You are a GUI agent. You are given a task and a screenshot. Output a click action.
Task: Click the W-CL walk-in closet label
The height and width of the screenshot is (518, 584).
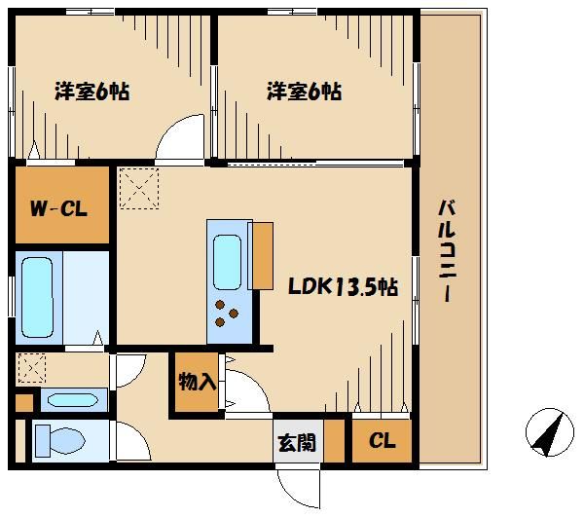click(61, 208)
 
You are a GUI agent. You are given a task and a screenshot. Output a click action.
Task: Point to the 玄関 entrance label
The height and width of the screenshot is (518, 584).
click(297, 443)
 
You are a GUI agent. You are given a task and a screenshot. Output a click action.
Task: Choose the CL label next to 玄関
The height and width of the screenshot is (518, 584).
click(382, 442)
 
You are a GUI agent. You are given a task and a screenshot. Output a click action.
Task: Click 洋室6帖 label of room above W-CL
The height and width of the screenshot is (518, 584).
click(91, 92)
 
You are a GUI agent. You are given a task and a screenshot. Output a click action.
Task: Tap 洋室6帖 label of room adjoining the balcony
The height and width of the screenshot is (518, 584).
click(304, 92)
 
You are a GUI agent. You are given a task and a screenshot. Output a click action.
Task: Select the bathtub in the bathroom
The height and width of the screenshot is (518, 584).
click(40, 298)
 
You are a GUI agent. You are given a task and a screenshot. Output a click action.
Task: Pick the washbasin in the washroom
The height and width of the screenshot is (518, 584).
click(73, 399)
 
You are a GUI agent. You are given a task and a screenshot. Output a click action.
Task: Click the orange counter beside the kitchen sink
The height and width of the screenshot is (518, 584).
click(261, 256)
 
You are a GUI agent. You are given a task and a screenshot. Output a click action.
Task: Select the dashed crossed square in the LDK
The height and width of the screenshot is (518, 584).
click(138, 187)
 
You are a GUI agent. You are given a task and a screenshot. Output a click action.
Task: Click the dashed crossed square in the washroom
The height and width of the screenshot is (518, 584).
click(32, 368)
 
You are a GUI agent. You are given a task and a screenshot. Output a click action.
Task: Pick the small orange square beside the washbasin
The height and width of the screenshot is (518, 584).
click(23, 400)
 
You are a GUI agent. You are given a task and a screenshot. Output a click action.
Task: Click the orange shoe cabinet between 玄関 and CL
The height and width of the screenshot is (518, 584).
click(334, 441)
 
